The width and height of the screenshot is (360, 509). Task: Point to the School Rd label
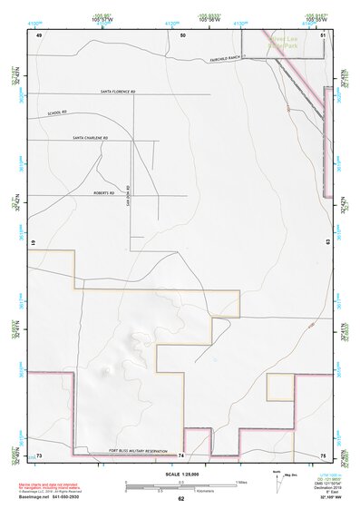pyautogui.click(x=57, y=113)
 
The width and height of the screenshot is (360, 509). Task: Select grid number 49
pyautogui.click(x=39, y=34)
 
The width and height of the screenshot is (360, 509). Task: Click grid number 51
pyautogui.click(x=323, y=34)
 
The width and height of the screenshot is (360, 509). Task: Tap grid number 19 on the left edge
pyautogui.click(x=33, y=244)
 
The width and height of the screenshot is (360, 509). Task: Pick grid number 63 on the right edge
pyautogui.click(x=326, y=241)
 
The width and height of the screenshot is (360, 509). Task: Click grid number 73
pyautogui.click(x=39, y=454)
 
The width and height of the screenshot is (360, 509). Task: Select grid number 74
pyautogui.click(x=181, y=454)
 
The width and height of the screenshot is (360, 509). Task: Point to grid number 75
pyautogui.click(x=323, y=454)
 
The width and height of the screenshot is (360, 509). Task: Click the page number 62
pyautogui.click(x=180, y=499)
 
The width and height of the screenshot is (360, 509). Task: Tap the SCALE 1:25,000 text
pyautogui.click(x=180, y=474)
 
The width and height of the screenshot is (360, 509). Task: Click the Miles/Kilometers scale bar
pyautogui.click(x=181, y=485)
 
